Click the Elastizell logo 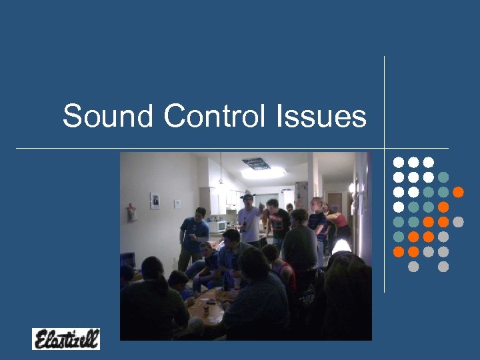point(65,339)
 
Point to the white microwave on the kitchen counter point(218,227)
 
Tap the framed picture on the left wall point(155,200)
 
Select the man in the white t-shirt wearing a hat point(250,220)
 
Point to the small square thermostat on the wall point(177,203)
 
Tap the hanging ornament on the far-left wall point(131,212)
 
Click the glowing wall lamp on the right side point(352,188)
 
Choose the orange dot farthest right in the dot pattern point(458,192)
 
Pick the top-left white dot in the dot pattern point(399,162)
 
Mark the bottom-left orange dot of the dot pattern point(399,251)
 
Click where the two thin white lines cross point(385,147)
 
